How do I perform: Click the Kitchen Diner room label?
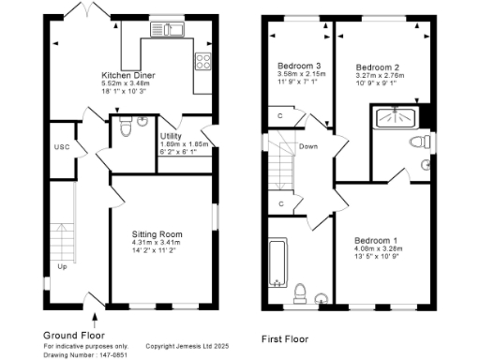(x=129, y=74)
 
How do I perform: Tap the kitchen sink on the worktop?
(x=175, y=31)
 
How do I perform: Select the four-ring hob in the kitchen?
(x=202, y=62)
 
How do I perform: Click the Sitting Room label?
(x=157, y=233)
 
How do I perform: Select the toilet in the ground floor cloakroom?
(x=140, y=121)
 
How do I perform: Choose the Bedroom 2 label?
(x=378, y=67)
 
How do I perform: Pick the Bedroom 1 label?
(x=375, y=241)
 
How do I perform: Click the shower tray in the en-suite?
(x=396, y=118)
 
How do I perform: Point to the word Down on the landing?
(x=308, y=146)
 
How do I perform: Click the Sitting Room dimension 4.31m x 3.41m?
(x=157, y=244)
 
